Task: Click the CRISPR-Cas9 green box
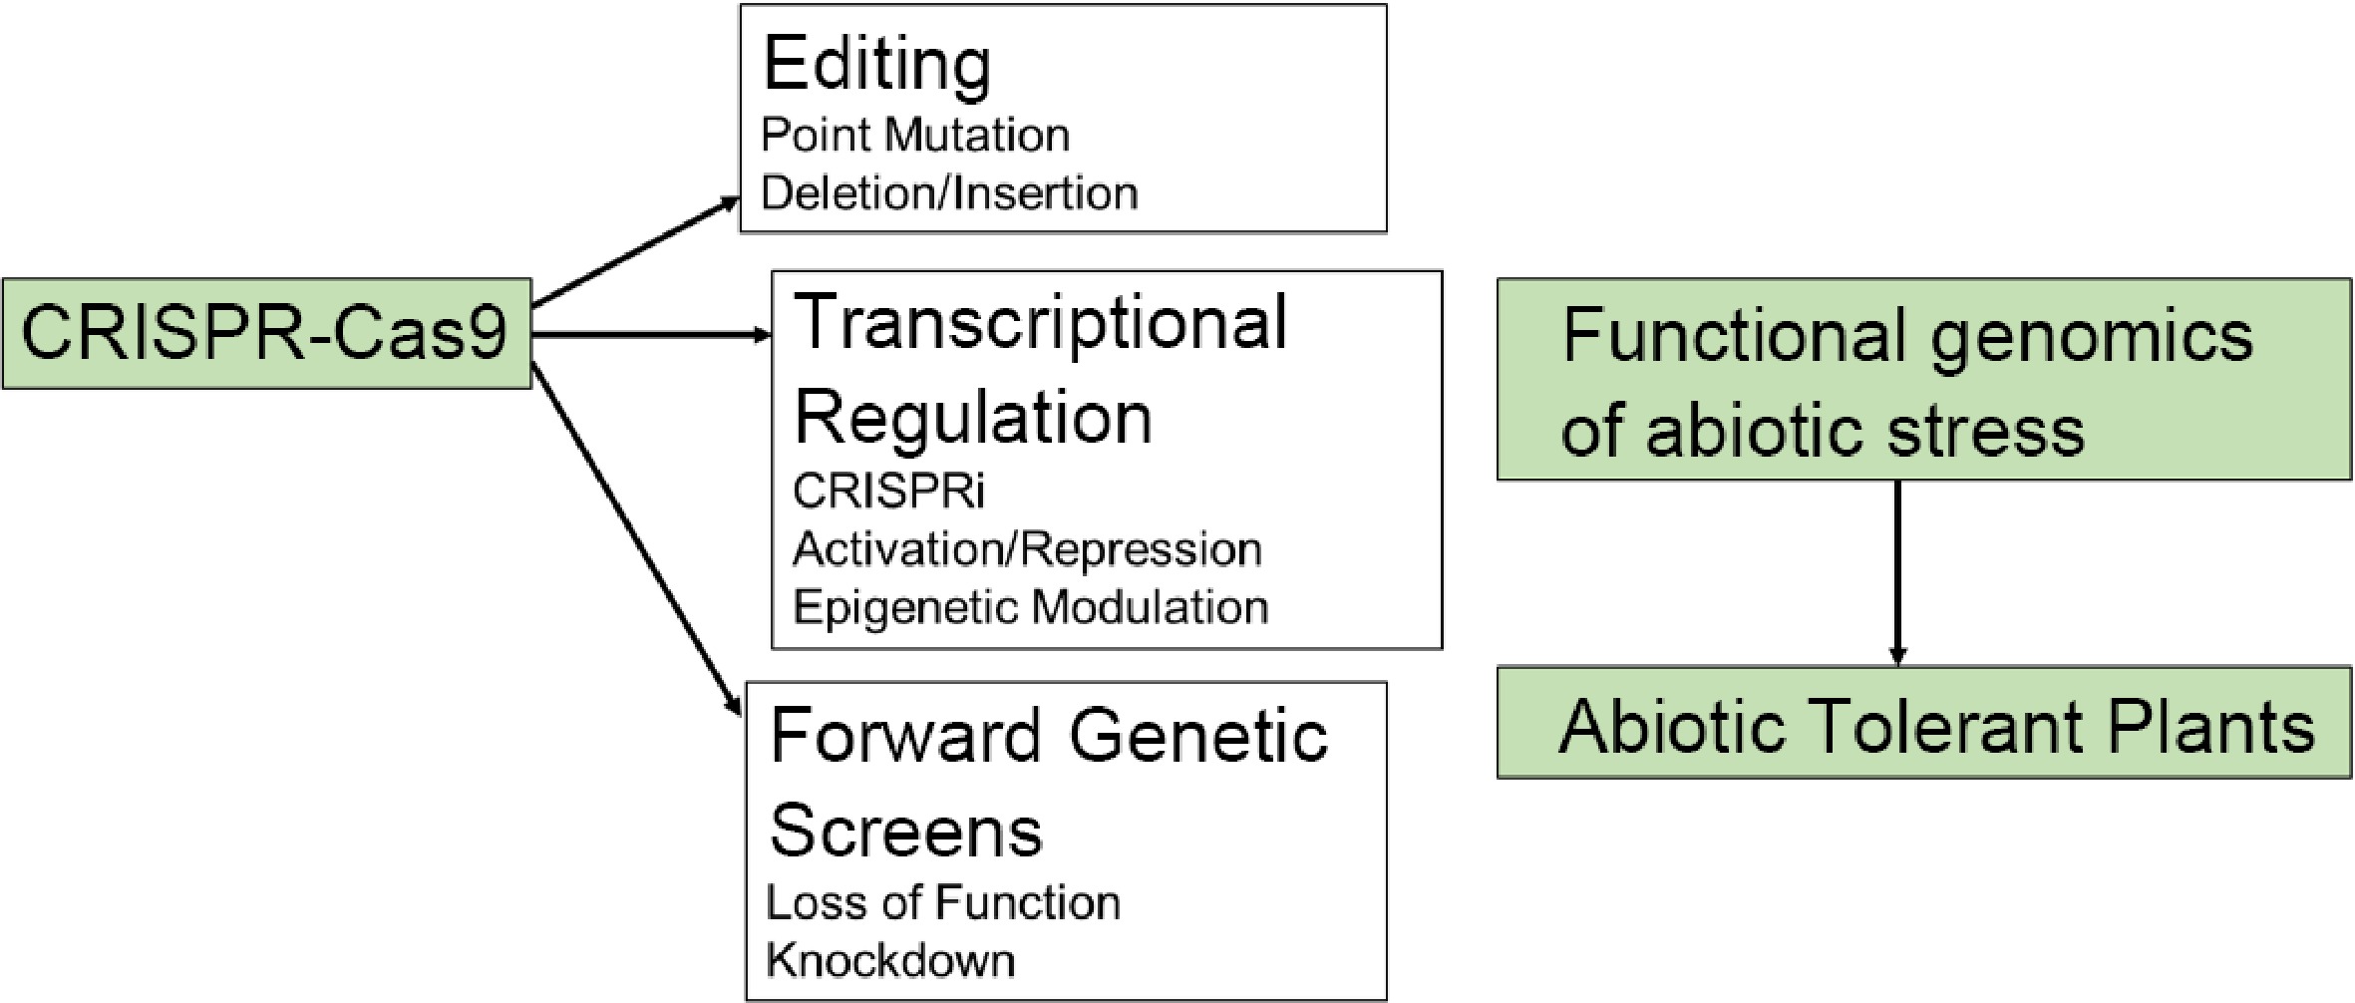tap(265, 334)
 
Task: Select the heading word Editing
tap(876, 65)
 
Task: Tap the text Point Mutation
tap(914, 136)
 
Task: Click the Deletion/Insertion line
tap(948, 193)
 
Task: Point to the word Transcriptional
tap(1041, 325)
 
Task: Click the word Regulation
tap(972, 418)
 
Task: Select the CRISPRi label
tap(887, 492)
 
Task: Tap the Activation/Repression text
tap(1027, 549)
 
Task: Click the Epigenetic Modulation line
tap(1030, 607)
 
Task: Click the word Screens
tap(905, 831)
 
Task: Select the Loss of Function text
tap(942, 903)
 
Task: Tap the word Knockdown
tap(890, 961)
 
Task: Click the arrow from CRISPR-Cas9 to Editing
tap(635, 250)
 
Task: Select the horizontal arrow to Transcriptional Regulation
tap(650, 335)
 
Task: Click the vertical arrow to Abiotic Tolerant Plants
tap(1896, 572)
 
